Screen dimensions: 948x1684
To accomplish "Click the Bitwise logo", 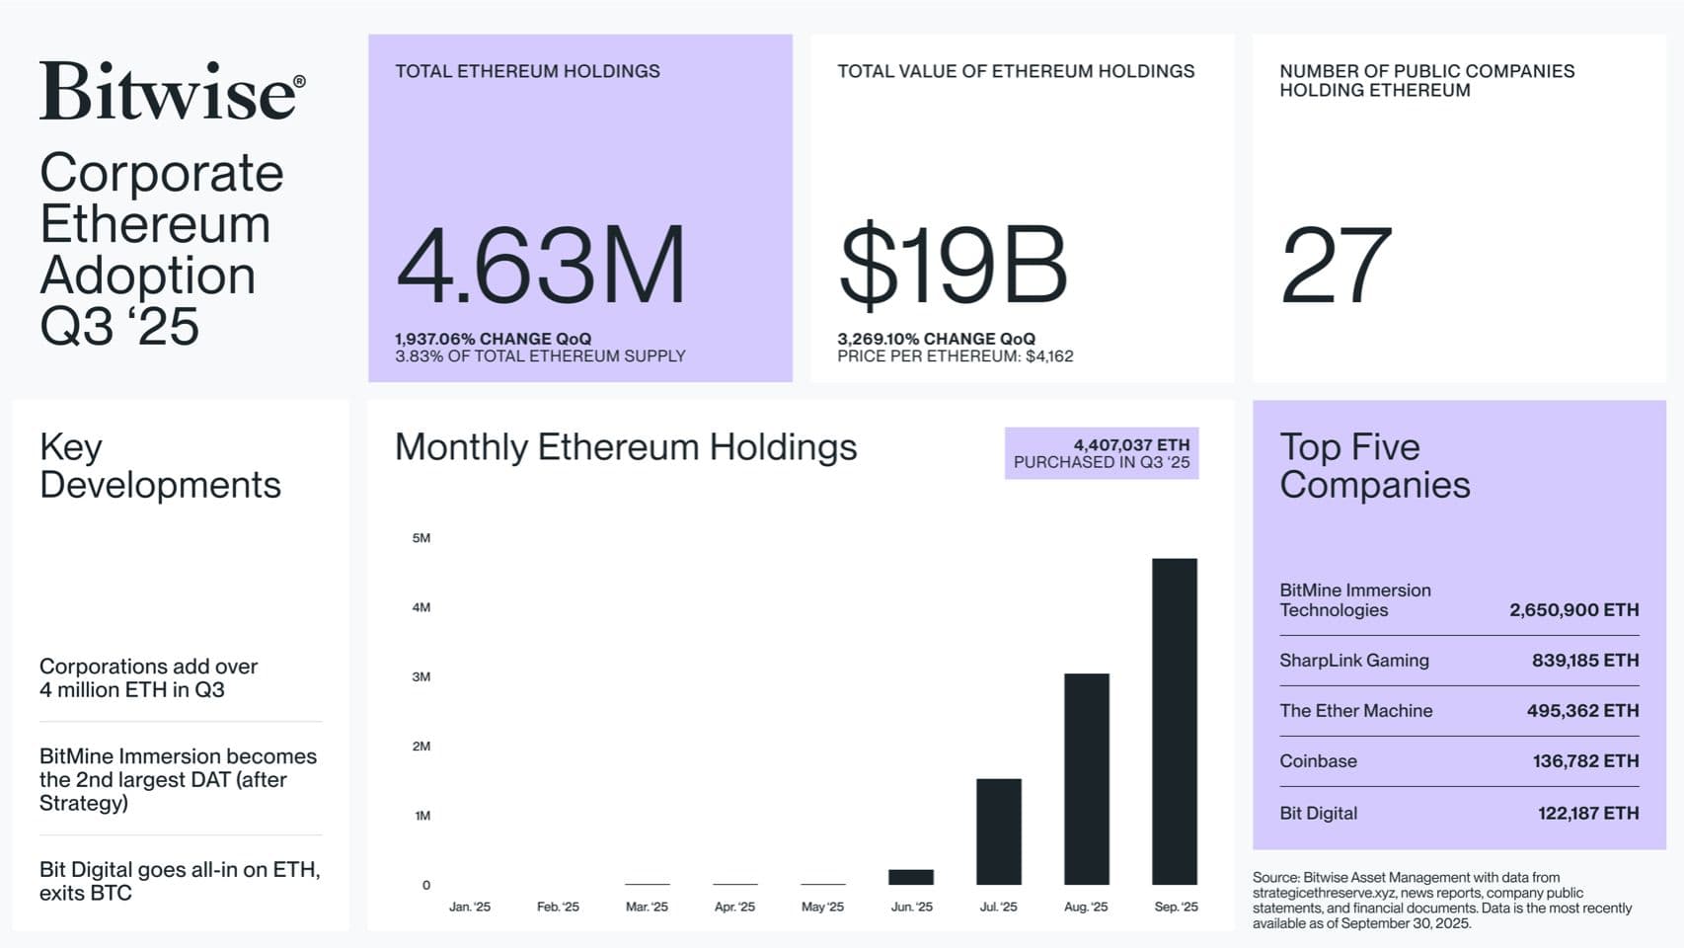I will tap(172, 91).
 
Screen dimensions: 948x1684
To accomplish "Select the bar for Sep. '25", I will tap(1174, 721).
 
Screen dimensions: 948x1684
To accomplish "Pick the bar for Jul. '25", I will tap(998, 831).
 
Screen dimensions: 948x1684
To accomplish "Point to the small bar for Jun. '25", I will tap(910, 877).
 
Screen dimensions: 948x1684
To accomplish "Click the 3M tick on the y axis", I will tap(421, 676).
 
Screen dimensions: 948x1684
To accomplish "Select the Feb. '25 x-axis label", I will tap(558, 907).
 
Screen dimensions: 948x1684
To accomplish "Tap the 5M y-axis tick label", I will tap(421, 538).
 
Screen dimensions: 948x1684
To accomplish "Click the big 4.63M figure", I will tap(540, 265).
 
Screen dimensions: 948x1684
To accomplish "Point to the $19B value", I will tap(953, 265).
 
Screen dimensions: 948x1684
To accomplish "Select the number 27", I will tap(1336, 265).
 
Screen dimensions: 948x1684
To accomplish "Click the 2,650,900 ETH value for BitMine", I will tap(1573, 610).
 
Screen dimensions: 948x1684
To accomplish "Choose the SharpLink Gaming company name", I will tap(1353, 661).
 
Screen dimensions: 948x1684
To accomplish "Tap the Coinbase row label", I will tap(1318, 761).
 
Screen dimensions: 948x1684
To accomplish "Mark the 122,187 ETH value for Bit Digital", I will tap(1587, 814).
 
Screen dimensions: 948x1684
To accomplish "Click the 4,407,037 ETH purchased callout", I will tap(1102, 453).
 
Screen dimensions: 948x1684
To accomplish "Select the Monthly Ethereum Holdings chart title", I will tap(626, 447).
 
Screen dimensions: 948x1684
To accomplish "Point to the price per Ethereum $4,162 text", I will tap(955, 356).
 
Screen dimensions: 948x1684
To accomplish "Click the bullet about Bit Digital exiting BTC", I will tap(180, 881).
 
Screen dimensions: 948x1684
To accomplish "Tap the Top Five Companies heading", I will tap(1374, 466).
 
